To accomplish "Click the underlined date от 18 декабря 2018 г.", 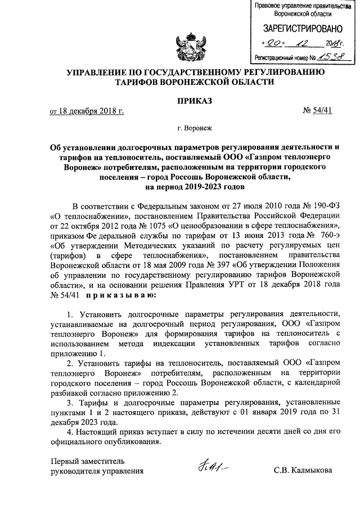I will click(x=87, y=111).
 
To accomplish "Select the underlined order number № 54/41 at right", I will click(x=318, y=111).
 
